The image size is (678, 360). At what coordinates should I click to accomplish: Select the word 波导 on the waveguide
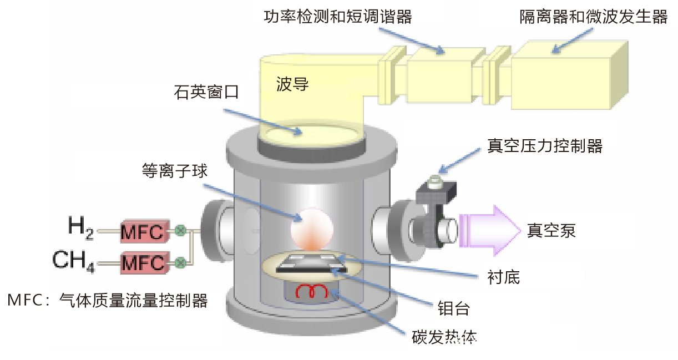292,85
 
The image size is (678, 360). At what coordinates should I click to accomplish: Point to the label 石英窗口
206,92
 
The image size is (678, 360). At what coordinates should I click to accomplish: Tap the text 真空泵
551,230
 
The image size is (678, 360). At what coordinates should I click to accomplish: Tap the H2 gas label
79,227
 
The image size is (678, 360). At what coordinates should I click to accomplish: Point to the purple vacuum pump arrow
488,229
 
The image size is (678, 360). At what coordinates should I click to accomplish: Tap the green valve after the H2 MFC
180,231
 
